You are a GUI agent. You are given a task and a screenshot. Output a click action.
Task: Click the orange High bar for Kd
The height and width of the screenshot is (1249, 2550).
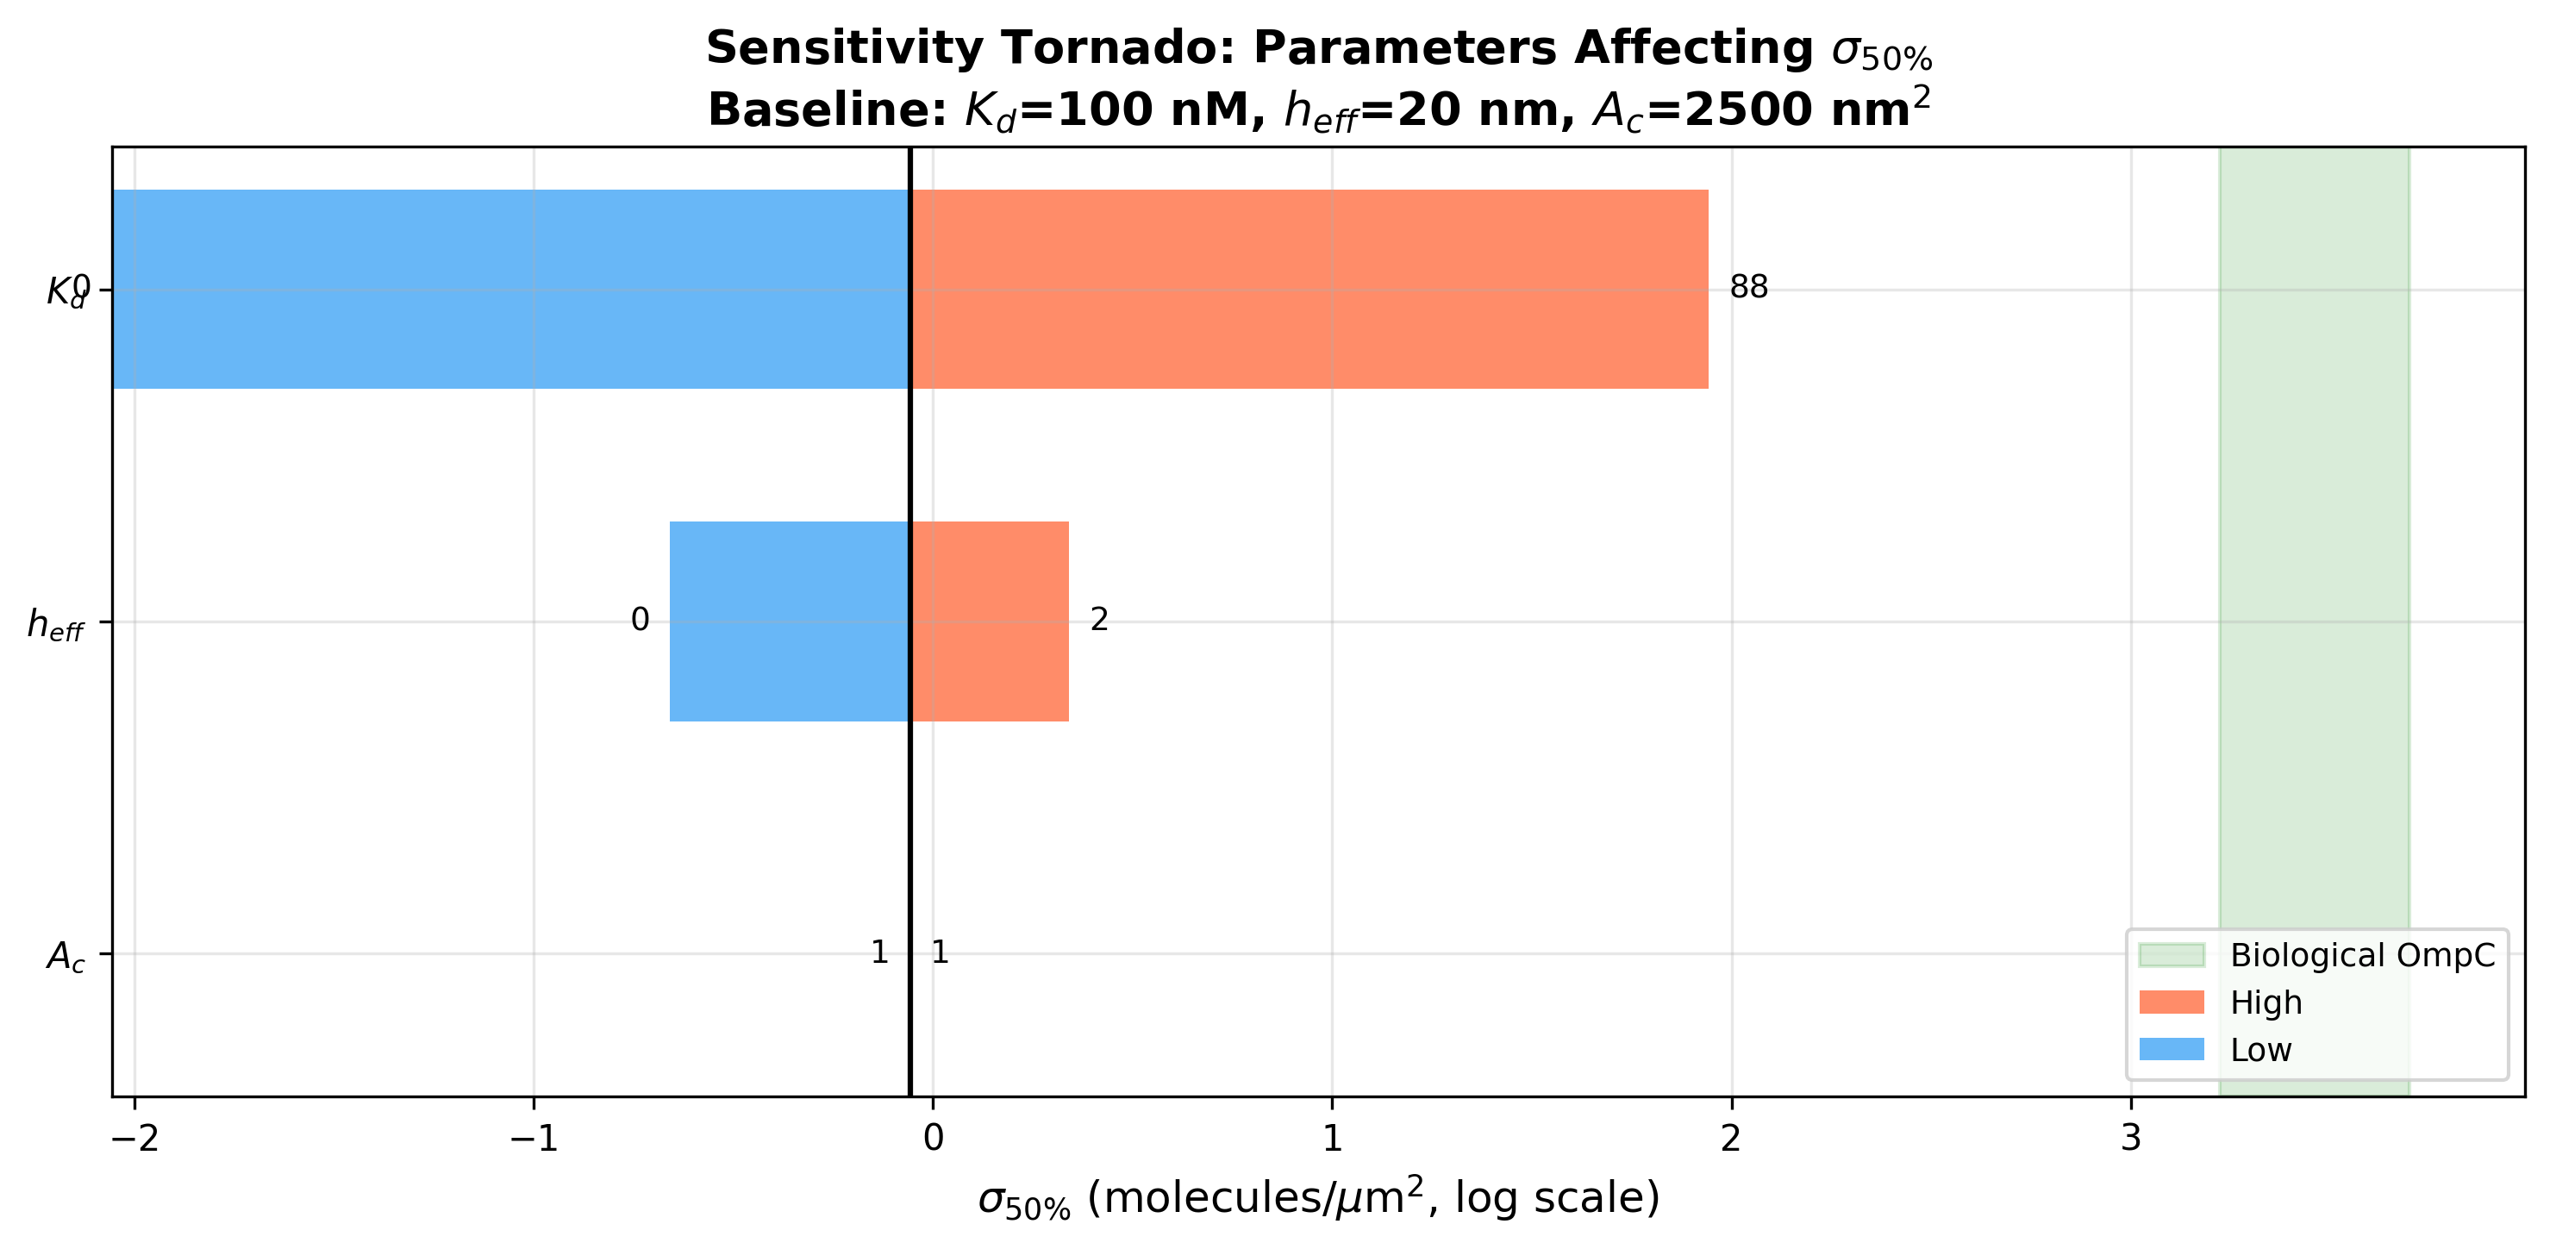[x=1309, y=289]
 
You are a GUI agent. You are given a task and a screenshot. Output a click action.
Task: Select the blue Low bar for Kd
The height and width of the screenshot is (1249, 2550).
[x=511, y=289]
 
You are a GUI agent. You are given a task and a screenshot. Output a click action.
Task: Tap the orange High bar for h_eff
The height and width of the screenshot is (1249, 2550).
[x=990, y=621]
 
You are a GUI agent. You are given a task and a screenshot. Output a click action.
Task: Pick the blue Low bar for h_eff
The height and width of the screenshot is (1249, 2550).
[x=789, y=621]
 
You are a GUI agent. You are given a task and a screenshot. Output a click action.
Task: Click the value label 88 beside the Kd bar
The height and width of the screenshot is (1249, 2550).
[x=1748, y=287]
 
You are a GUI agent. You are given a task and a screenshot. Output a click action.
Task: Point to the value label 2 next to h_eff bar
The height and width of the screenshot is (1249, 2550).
[x=1099, y=620]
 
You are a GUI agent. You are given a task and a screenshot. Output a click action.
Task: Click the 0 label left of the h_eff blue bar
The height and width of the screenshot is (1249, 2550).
[x=640, y=620]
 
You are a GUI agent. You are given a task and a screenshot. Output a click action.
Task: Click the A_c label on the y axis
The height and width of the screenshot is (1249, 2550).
[x=66, y=956]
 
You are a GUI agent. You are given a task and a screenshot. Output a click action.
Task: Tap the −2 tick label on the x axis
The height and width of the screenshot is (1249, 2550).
[x=134, y=1138]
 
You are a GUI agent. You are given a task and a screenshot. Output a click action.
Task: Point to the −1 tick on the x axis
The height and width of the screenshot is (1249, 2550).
[x=534, y=1138]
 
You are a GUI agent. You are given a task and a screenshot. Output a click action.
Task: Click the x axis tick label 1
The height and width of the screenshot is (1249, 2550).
[x=1333, y=1138]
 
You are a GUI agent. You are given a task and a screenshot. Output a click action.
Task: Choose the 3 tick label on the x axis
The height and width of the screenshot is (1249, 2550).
[x=2130, y=1138]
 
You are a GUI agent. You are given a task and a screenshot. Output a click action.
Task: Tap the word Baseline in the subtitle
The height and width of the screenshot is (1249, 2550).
[x=828, y=109]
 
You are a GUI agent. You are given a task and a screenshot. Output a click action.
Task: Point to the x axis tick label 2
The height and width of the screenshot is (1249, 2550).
[x=1730, y=1138]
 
